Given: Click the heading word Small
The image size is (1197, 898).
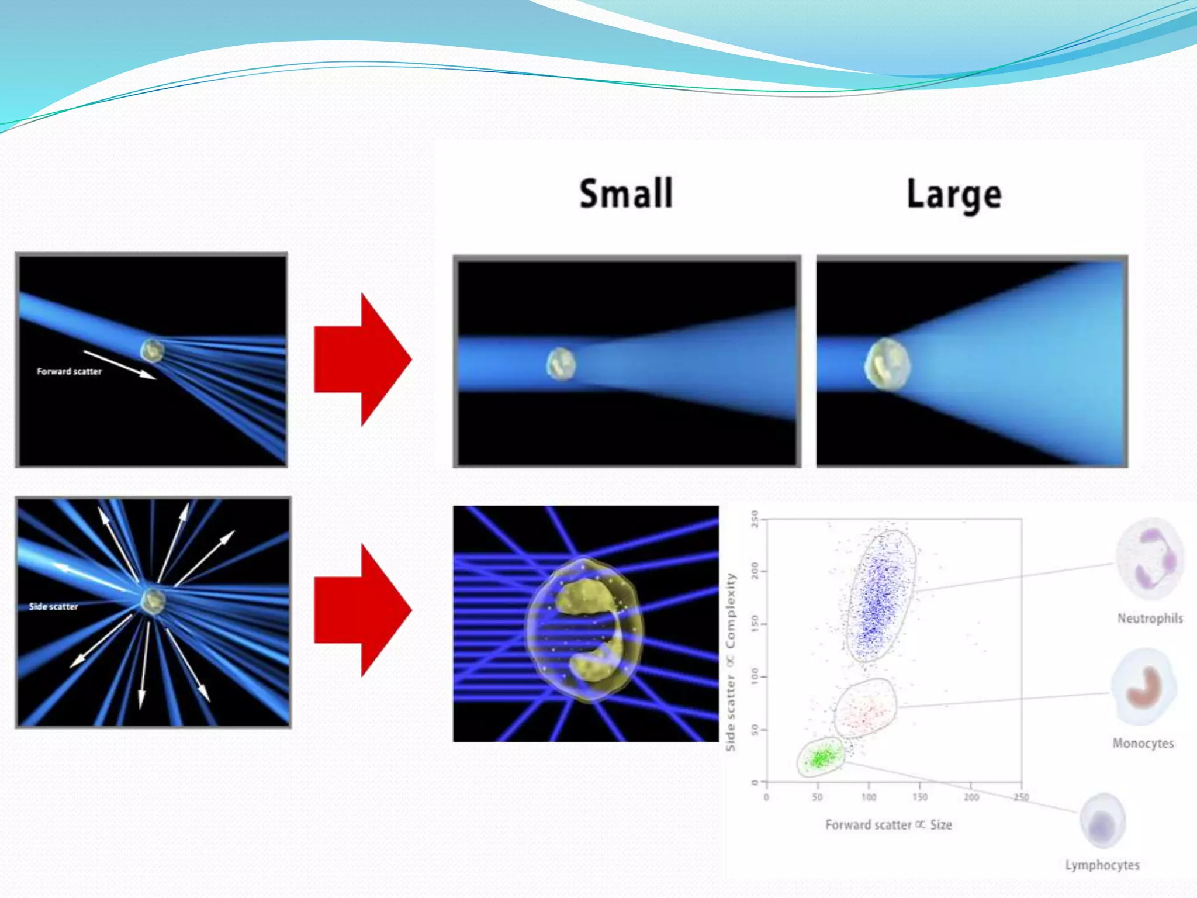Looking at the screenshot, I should coord(626,194).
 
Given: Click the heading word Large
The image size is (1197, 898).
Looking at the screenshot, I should coord(954,195).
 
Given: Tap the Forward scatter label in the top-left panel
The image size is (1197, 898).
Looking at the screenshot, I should coord(69,371).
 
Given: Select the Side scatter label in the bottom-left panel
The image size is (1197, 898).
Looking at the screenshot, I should coord(53,606).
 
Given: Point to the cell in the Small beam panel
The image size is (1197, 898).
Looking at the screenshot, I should coord(561,364).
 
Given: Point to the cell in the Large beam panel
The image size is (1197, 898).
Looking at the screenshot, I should coord(887,364).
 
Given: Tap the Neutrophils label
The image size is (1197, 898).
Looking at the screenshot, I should coord(1150,618).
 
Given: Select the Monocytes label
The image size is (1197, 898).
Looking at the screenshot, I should coord(1143,743).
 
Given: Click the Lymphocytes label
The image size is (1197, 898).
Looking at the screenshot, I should coord(1102,865).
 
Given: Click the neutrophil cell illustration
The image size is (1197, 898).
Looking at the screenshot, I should coord(1150,559).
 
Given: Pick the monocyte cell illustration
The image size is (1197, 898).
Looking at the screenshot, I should coord(1144,686).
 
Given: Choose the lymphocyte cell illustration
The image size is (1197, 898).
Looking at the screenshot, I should coord(1102,821).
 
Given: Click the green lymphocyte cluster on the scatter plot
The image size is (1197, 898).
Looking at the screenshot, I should coord(821,758).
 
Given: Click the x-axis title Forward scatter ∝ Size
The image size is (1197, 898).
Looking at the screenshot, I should coord(888,824).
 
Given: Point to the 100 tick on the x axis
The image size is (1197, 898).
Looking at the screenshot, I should coord(869,797).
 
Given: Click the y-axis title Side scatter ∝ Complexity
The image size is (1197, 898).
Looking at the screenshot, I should coord(731,662).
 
